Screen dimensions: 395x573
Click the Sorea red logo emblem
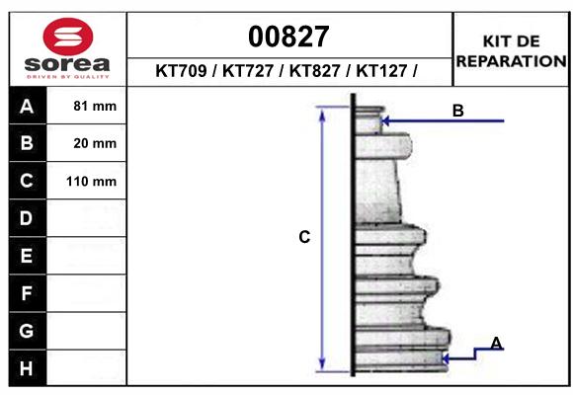pyautogui.click(x=67, y=38)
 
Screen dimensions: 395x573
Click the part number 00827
pyautogui.click(x=288, y=37)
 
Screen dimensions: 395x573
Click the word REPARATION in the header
pyautogui.click(x=511, y=60)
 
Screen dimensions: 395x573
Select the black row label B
pyautogui.click(x=27, y=144)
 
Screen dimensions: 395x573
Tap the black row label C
pyautogui.click(x=27, y=182)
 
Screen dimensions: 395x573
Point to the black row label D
pyautogui.click(x=27, y=218)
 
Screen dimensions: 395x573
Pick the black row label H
pyautogui.click(x=27, y=368)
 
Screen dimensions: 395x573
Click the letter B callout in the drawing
pyautogui.click(x=457, y=111)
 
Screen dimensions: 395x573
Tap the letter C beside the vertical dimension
pyautogui.click(x=304, y=237)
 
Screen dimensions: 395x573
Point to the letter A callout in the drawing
pyautogui.click(x=497, y=343)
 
